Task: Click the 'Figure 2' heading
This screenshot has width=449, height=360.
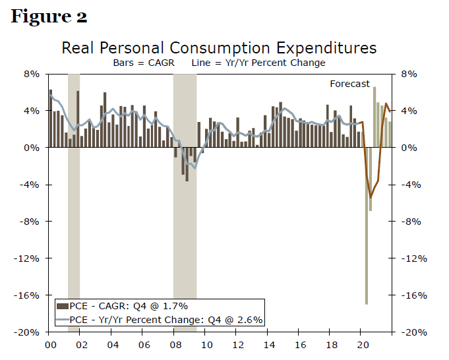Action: [x=49, y=16]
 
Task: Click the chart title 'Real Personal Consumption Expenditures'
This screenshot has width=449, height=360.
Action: [x=219, y=48]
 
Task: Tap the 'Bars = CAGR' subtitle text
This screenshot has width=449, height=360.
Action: [x=142, y=63]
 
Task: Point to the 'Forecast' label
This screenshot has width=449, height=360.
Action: [x=350, y=84]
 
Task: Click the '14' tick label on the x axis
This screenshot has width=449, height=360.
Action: [x=269, y=344]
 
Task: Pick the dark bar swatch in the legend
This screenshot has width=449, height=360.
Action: [x=62, y=306]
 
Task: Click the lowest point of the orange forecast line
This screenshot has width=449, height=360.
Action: [x=371, y=197]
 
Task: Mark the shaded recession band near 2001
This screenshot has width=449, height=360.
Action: [x=74, y=198]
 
